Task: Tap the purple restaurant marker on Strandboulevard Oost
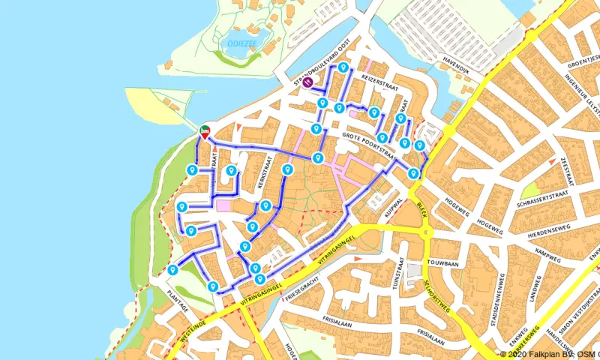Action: tap(307, 83)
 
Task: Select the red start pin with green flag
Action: tap(204, 131)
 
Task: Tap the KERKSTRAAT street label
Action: tap(262, 171)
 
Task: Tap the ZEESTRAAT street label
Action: tap(568, 172)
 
